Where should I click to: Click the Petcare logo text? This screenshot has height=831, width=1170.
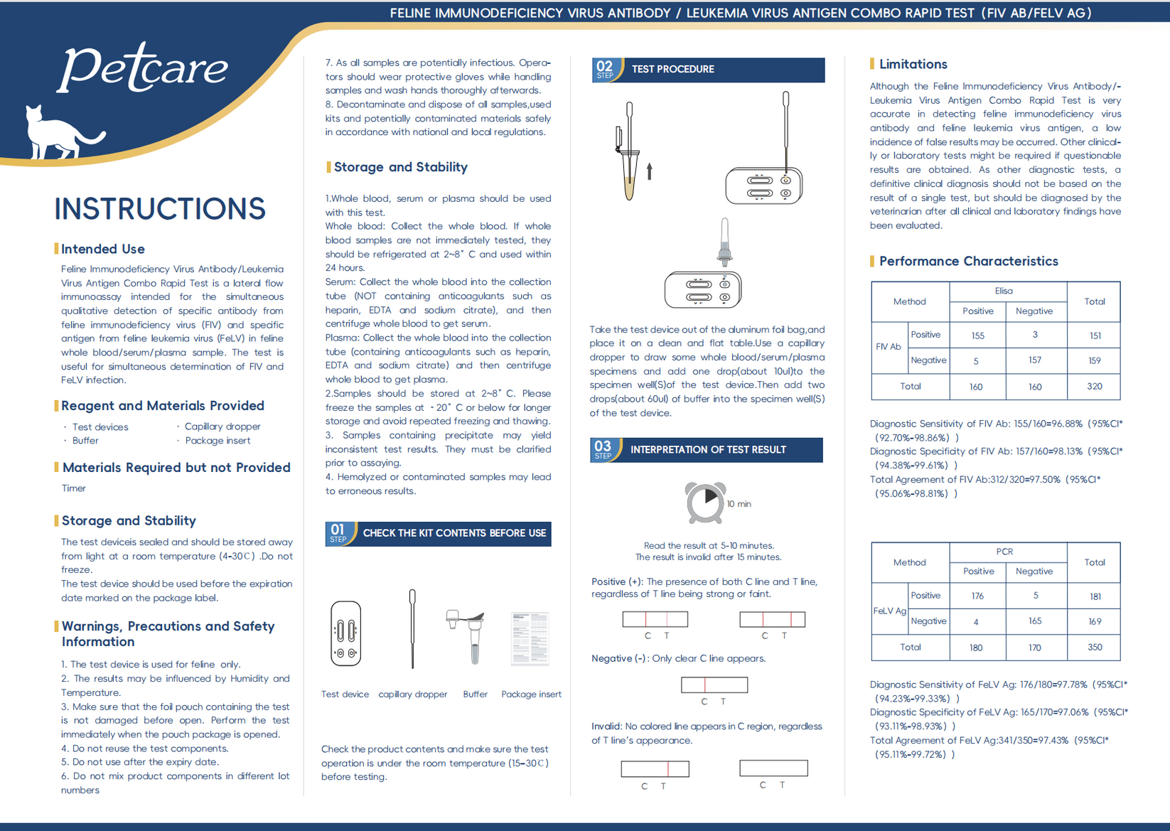pyautogui.click(x=143, y=68)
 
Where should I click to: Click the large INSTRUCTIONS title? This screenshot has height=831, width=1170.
pyautogui.click(x=160, y=209)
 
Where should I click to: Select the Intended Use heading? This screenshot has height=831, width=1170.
pyautogui.click(x=103, y=249)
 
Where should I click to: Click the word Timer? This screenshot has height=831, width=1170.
pyautogui.click(x=73, y=488)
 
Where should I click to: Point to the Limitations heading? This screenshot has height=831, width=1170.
pyautogui.click(x=913, y=64)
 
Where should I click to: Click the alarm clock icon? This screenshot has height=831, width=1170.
pyautogui.click(x=705, y=502)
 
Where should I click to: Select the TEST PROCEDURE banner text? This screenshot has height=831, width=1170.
pyautogui.click(x=672, y=69)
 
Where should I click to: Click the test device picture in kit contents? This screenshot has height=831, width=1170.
pyautogui.click(x=345, y=633)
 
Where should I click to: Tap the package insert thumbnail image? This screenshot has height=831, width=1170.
pyautogui.click(x=530, y=638)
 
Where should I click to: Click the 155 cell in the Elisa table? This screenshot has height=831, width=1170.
pyautogui.click(x=977, y=336)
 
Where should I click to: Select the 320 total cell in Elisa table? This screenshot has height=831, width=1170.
pyautogui.click(x=1094, y=387)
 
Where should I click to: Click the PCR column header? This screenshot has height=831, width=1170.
pyautogui.click(x=1004, y=552)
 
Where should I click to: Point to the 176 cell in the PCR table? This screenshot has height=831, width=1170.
pyautogui.click(x=977, y=596)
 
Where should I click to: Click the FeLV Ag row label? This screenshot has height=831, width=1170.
pyautogui.click(x=889, y=611)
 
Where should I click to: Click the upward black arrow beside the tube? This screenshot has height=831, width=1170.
pyautogui.click(x=649, y=171)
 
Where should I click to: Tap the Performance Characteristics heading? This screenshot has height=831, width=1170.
pyautogui.click(x=968, y=261)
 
